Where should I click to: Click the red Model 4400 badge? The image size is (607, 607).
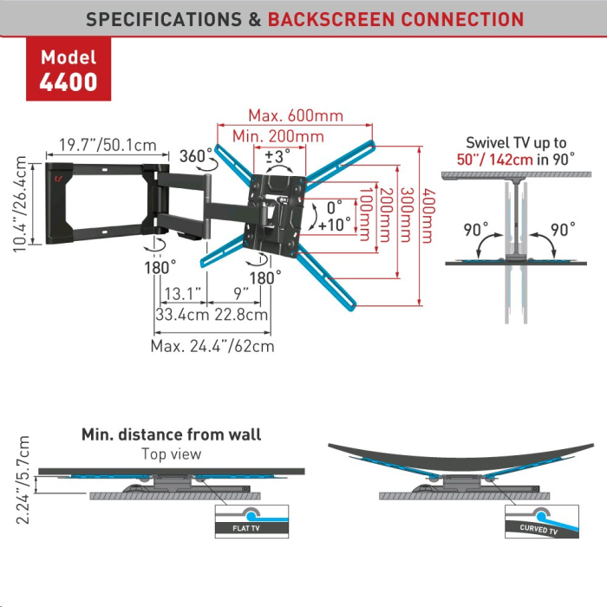(69, 69)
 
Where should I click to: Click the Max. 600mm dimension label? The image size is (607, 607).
(296, 115)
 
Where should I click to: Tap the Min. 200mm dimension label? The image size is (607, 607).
(278, 136)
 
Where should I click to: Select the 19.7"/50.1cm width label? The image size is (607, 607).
(108, 145)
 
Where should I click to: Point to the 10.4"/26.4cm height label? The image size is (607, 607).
(20, 204)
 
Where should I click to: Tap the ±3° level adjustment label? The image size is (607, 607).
(277, 157)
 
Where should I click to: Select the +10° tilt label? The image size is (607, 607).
(335, 225)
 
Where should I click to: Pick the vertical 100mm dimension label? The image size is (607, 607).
(366, 214)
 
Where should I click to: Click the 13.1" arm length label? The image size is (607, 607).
(183, 294)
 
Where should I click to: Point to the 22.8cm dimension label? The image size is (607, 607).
(241, 314)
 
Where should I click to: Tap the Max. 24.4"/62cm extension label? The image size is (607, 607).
(212, 346)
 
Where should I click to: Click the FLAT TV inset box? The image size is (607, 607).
(252, 521)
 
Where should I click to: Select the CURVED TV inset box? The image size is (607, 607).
(542, 521)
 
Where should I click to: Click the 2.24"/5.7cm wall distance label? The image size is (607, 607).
(23, 480)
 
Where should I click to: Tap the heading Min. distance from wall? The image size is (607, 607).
(171, 434)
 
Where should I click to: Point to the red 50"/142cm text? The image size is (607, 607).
(495, 160)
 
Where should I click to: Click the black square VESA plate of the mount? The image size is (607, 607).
(274, 215)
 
